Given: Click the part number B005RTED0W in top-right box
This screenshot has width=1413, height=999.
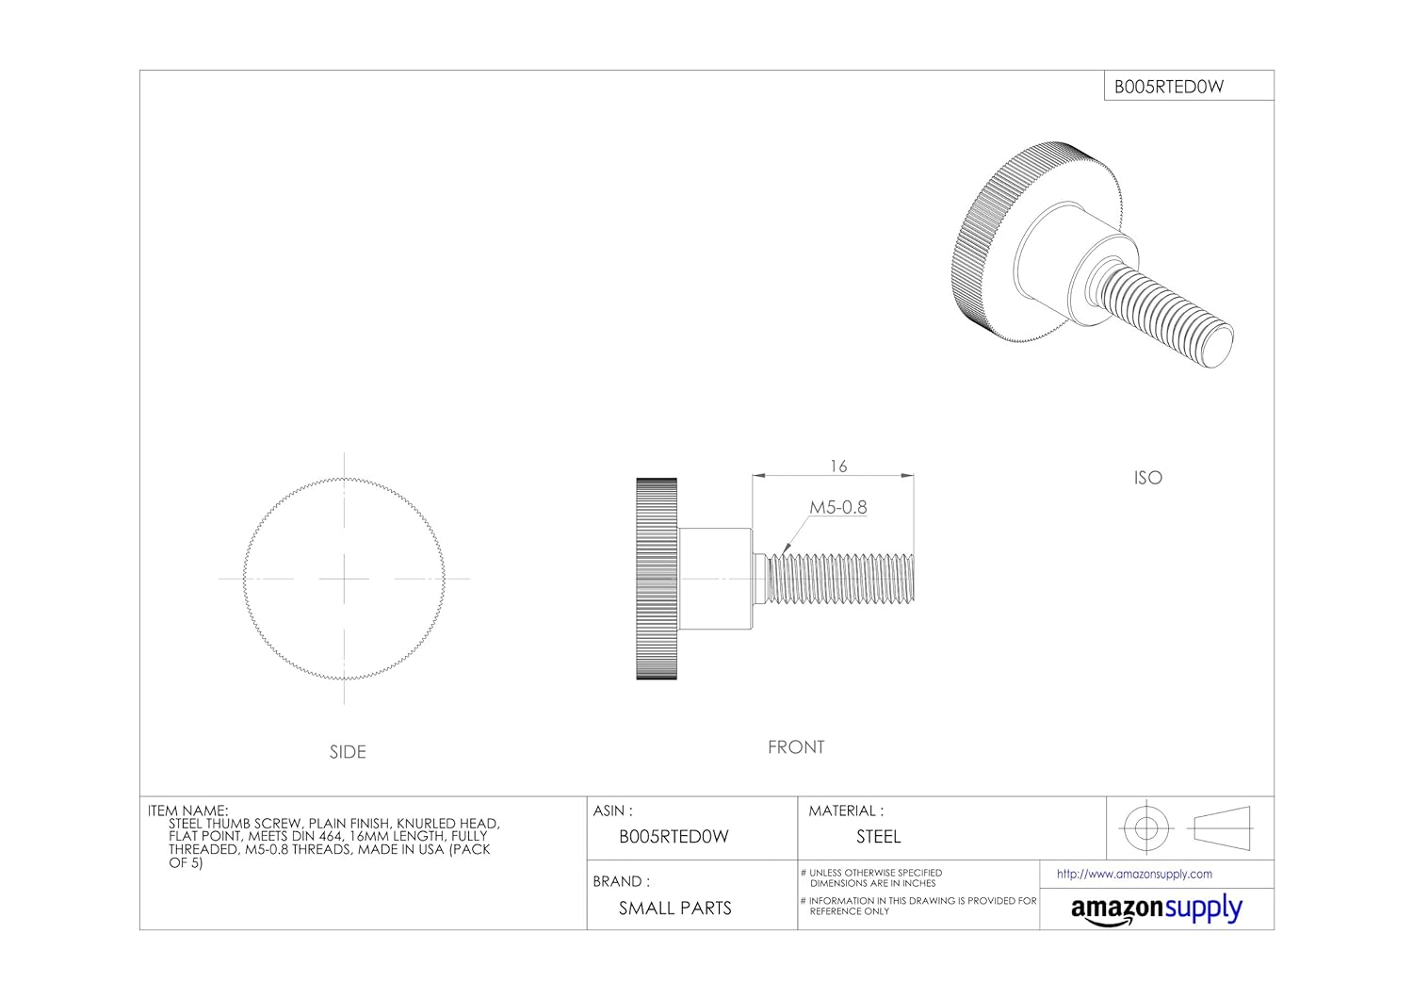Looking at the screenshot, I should pyautogui.click(x=1169, y=87).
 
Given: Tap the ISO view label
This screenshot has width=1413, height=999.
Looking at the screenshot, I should pyautogui.click(x=1147, y=478).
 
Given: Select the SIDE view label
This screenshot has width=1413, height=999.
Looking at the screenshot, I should pyautogui.click(x=348, y=752).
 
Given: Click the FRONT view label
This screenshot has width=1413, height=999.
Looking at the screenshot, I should pyautogui.click(x=796, y=747).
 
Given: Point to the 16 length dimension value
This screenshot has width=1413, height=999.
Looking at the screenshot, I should pyautogui.click(x=838, y=467).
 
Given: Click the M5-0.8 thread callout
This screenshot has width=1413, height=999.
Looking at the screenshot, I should pyautogui.click(x=837, y=507).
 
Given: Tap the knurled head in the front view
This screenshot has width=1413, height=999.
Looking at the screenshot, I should pyautogui.click(x=657, y=579).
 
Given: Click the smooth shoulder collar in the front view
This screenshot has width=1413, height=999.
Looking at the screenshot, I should pyautogui.click(x=714, y=579).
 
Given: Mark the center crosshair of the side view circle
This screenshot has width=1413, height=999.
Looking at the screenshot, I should pyautogui.click(x=345, y=579).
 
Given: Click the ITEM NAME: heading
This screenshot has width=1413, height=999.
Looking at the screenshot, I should pyautogui.click(x=187, y=811).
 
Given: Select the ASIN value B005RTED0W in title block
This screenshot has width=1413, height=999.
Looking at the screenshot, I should pyautogui.click(x=674, y=837).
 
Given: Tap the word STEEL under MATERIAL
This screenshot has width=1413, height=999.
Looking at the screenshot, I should pyautogui.click(x=878, y=837).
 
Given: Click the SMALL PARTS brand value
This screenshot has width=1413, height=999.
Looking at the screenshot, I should pyautogui.click(x=674, y=909).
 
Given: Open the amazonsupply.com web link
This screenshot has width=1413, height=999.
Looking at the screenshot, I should pyautogui.click(x=1134, y=875).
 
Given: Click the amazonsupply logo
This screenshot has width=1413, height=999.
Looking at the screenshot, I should pyautogui.click(x=1156, y=909).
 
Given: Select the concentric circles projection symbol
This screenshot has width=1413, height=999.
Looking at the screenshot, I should pyautogui.click(x=1145, y=828).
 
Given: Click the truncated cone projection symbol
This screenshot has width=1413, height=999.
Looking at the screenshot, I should pyautogui.click(x=1222, y=828).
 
